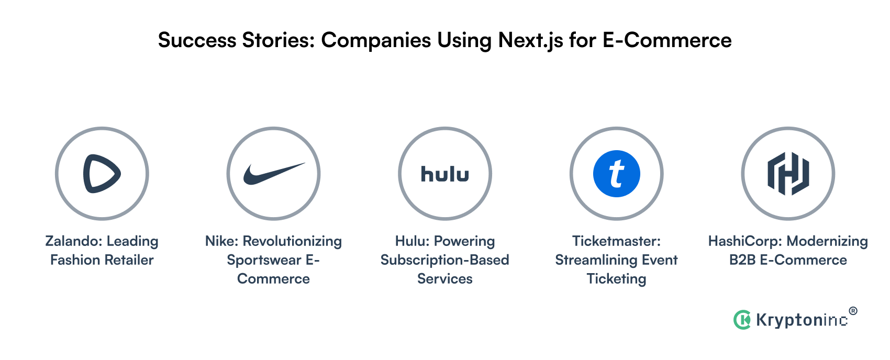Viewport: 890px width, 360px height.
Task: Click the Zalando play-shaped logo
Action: (x=102, y=174)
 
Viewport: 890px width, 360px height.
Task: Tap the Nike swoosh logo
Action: (x=273, y=174)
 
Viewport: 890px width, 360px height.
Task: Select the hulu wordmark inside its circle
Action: (x=445, y=174)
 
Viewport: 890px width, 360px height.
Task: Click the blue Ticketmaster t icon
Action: (x=616, y=174)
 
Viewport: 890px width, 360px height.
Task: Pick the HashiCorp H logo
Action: (x=788, y=174)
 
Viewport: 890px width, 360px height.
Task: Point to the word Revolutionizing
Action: (x=292, y=241)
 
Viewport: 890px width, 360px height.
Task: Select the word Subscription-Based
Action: (x=444, y=260)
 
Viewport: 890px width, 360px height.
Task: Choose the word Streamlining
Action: (x=591, y=260)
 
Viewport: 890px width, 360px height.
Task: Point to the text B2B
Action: (x=742, y=260)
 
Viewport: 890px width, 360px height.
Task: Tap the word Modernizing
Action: (x=827, y=241)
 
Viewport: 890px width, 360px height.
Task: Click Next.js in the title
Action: (x=530, y=40)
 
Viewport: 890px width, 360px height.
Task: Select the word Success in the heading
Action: (x=197, y=40)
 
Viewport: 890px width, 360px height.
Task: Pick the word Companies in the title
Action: (x=376, y=40)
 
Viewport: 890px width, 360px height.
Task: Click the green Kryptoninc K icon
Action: (x=742, y=320)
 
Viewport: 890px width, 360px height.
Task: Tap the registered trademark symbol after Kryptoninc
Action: (x=853, y=311)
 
